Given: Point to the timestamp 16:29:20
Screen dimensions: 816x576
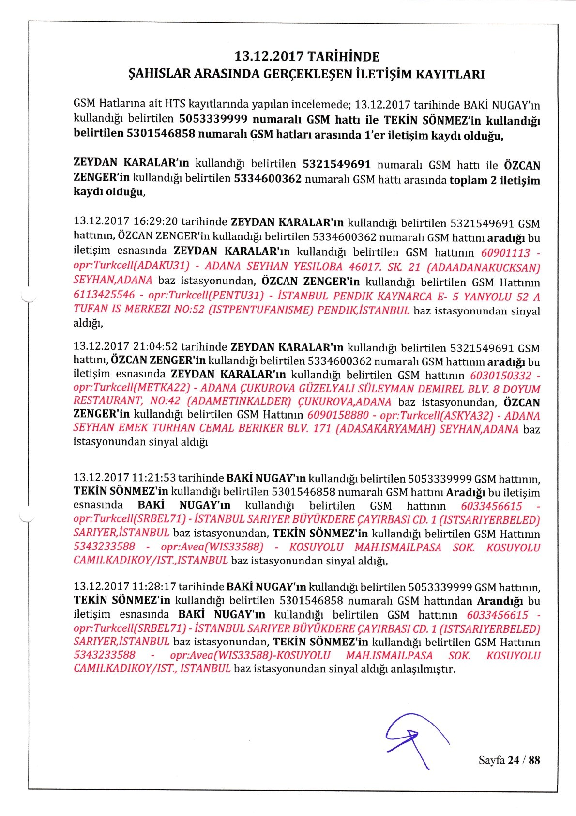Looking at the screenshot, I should (155, 222).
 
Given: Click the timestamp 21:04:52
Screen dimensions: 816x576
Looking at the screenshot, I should (155, 347).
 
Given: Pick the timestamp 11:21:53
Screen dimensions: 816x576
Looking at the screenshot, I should (153, 479).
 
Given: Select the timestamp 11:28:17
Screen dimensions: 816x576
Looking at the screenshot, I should (153, 587).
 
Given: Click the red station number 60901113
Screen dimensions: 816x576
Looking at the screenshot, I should (506, 253).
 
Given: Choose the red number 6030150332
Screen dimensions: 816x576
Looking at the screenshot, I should (500, 376).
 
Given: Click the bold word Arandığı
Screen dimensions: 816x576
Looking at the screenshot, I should (500, 601).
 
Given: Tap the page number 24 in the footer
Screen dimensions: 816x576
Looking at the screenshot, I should (513, 760).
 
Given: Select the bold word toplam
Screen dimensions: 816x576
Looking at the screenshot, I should (468, 181).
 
